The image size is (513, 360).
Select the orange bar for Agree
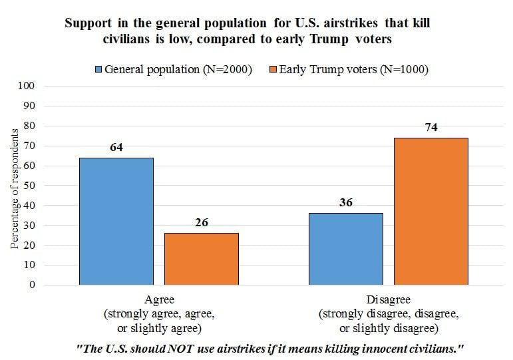[202, 259]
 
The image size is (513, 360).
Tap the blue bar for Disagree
[346, 249]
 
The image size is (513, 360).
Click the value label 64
[117, 147]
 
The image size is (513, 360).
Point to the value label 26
[202, 223]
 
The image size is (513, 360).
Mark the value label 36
[346, 203]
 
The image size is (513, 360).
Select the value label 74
[430, 127]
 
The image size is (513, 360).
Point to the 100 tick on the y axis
[25, 86]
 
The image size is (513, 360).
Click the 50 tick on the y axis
[28, 186]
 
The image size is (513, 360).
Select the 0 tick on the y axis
[31, 285]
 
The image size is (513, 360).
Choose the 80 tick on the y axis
[28, 126]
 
